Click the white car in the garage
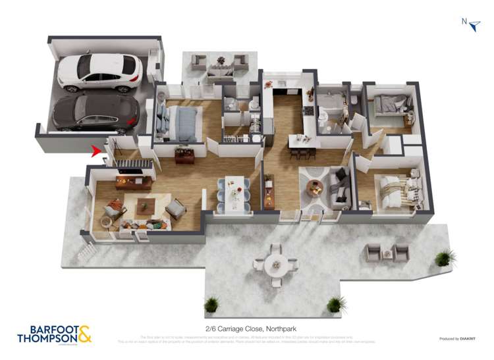coord(99,72)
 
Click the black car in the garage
coord(96,113)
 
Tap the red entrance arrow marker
coord(97,152)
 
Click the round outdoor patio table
coord(275,265)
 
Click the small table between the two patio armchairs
coord(387,253)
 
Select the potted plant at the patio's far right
coord(445,257)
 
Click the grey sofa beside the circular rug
coord(340,184)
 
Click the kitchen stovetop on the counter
coord(308,111)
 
